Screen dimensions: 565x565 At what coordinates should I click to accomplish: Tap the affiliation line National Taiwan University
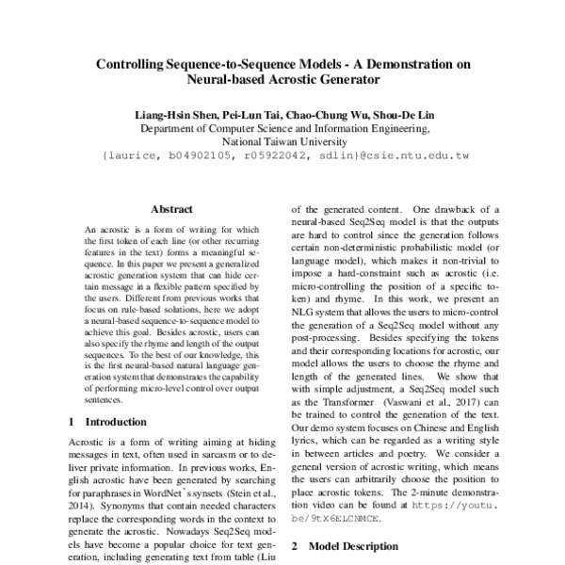coord(283,143)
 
